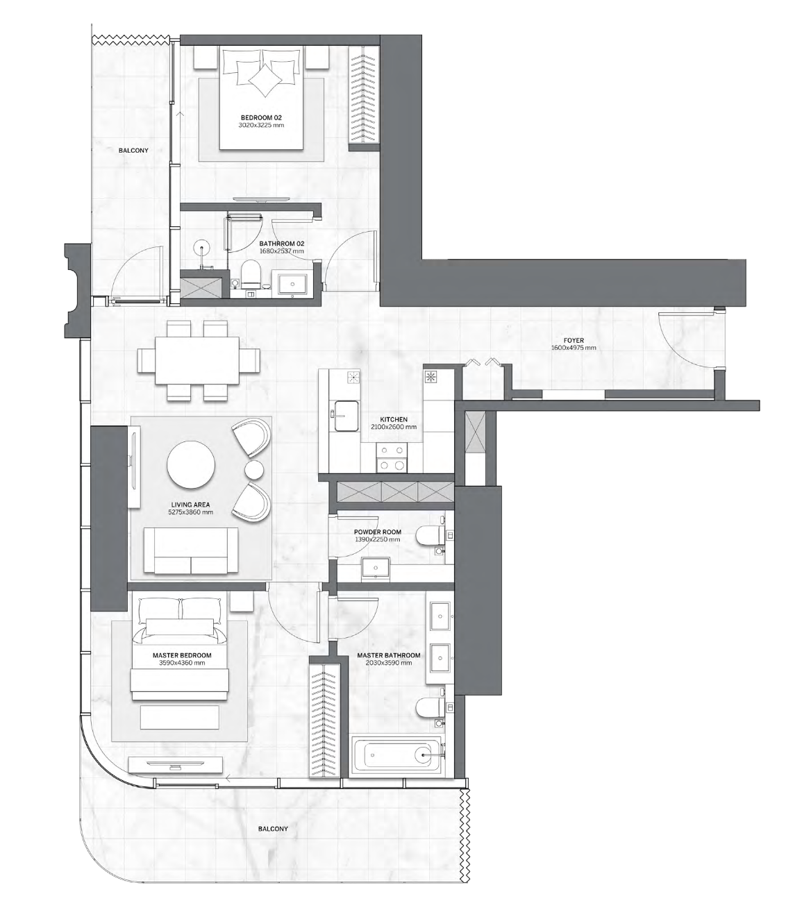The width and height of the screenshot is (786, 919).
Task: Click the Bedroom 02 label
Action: click(x=261, y=118)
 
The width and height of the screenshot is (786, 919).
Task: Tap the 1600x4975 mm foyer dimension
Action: click(x=574, y=348)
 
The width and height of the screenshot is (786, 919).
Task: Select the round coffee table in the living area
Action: click(x=191, y=464)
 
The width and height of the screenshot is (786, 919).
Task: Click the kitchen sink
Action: click(x=345, y=416)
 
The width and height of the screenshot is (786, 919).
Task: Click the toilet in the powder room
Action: click(x=430, y=537)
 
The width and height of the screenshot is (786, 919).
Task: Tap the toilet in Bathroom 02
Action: click(x=250, y=273)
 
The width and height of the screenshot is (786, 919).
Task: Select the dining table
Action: click(x=197, y=360)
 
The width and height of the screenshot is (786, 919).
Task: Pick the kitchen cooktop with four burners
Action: click(x=392, y=459)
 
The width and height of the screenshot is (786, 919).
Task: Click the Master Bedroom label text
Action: click(x=182, y=655)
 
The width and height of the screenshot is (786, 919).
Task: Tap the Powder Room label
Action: click(x=377, y=532)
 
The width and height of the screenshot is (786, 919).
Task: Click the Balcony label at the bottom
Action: click(x=273, y=829)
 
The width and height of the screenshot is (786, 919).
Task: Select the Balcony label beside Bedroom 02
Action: click(x=133, y=151)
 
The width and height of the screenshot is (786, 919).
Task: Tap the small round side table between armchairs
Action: click(x=254, y=469)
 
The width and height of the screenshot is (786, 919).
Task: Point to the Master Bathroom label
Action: click(x=389, y=655)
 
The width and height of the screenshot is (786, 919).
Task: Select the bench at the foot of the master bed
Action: click(x=180, y=717)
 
